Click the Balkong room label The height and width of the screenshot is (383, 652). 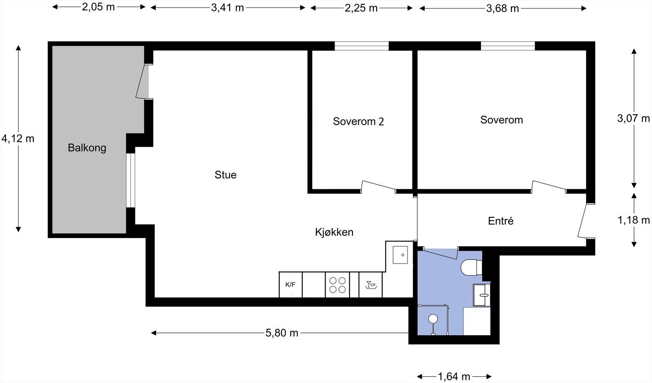pyautogui.click(x=87, y=148)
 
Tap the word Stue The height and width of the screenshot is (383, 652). pyautogui.click(x=226, y=175)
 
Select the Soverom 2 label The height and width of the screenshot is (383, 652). pyautogui.click(x=358, y=122)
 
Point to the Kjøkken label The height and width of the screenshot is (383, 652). pyautogui.click(x=334, y=232)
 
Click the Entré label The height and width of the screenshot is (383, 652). pyautogui.click(x=501, y=221)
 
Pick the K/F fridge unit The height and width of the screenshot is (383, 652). pyautogui.click(x=291, y=285)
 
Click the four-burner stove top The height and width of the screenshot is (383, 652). pyautogui.click(x=337, y=285)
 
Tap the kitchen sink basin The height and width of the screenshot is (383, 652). pyautogui.click(x=400, y=255)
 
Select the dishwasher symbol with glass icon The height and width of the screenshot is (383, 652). pyautogui.click(x=370, y=285)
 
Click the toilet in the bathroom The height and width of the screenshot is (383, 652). pyautogui.click(x=471, y=268)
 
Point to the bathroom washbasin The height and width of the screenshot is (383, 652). pyautogui.click(x=482, y=295)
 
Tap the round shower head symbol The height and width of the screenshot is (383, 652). pyautogui.click(x=433, y=319)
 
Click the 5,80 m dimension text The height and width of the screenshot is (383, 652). pyautogui.click(x=282, y=333)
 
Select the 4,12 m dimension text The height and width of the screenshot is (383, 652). pyautogui.click(x=18, y=139)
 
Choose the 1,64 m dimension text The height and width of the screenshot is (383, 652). pyautogui.click(x=454, y=376)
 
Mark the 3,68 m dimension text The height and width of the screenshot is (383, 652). pyautogui.click(x=503, y=9)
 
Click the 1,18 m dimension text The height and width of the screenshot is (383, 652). pyautogui.click(x=634, y=220)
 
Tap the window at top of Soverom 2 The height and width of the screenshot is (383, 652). pyautogui.click(x=361, y=46)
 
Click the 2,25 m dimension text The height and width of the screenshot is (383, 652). pyautogui.click(x=361, y=8)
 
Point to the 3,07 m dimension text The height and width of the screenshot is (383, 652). pyautogui.click(x=633, y=118)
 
